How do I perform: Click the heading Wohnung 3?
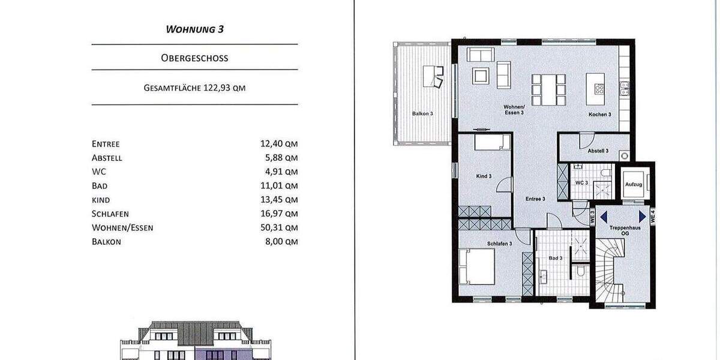(194, 29)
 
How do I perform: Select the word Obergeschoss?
(194, 58)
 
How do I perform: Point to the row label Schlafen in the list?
(110, 214)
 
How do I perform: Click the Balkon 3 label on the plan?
(422, 113)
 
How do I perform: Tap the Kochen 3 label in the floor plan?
(599, 114)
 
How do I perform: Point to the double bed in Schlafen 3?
(477, 266)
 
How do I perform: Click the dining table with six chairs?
(548, 86)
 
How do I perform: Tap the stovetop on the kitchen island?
(599, 89)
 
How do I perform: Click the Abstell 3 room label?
(598, 151)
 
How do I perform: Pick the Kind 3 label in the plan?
(484, 176)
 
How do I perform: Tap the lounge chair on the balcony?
(434, 77)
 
